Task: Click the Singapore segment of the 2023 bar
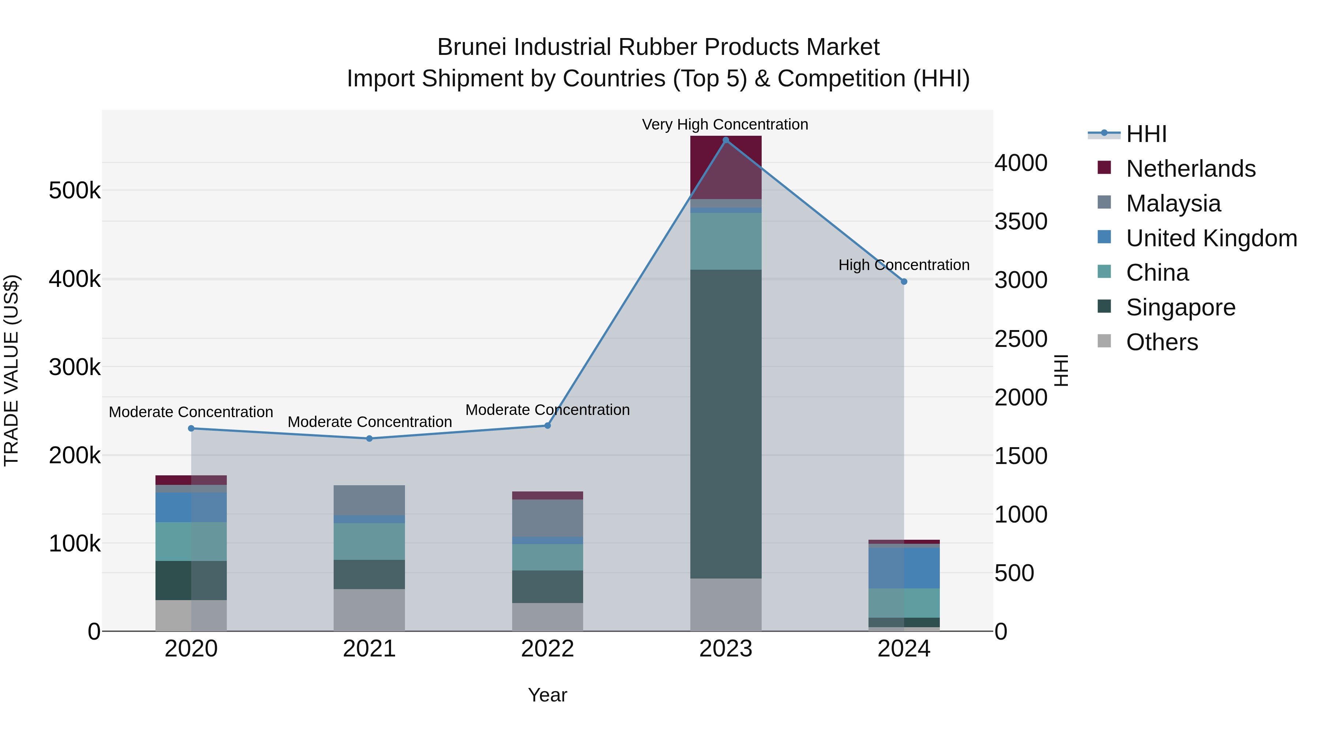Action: coord(725,424)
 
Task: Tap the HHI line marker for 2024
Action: coord(904,282)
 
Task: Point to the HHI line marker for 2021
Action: coord(369,438)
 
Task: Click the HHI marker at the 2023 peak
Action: coord(725,140)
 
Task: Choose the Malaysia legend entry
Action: coord(1173,203)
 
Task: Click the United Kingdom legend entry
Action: coord(1211,238)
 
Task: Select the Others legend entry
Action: coord(1162,342)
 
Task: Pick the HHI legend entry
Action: coord(1146,134)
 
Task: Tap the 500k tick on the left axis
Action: coord(75,191)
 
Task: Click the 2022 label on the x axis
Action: coord(548,649)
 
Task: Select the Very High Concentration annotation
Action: coord(725,124)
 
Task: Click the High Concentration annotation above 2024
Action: coord(904,265)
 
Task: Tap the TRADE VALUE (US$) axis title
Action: coord(11,370)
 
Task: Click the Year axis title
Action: coord(548,695)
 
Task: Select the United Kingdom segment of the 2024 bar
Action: coord(904,568)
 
